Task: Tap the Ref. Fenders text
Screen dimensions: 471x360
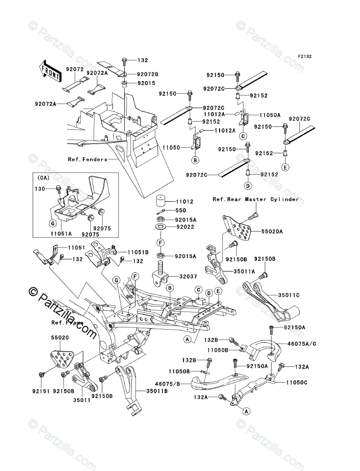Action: tap(88, 159)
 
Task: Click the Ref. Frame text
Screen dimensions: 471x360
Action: tap(63, 322)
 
